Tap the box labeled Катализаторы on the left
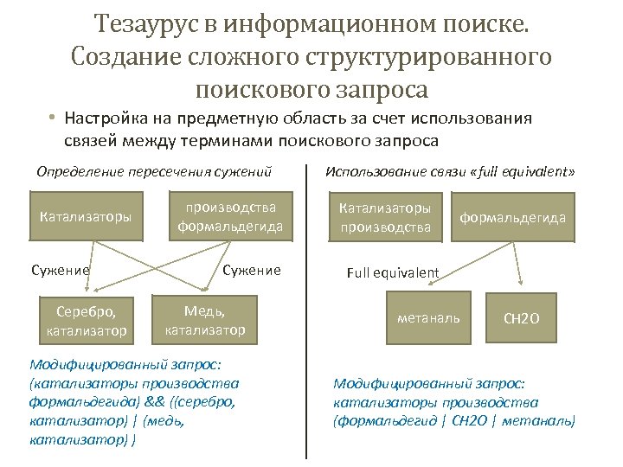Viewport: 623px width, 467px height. click(87, 215)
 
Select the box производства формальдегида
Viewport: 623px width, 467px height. click(230, 216)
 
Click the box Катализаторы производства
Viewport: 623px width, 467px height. click(385, 217)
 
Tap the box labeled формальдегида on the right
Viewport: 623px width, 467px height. click(513, 217)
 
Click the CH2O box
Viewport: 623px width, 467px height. click(522, 318)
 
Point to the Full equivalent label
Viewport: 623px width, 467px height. click(393, 272)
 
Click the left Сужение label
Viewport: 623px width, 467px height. click(60, 270)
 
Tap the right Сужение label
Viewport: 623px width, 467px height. click(252, 270)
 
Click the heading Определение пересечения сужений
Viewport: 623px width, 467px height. click(154, 171)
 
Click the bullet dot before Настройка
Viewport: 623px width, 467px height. click(52, 118)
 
